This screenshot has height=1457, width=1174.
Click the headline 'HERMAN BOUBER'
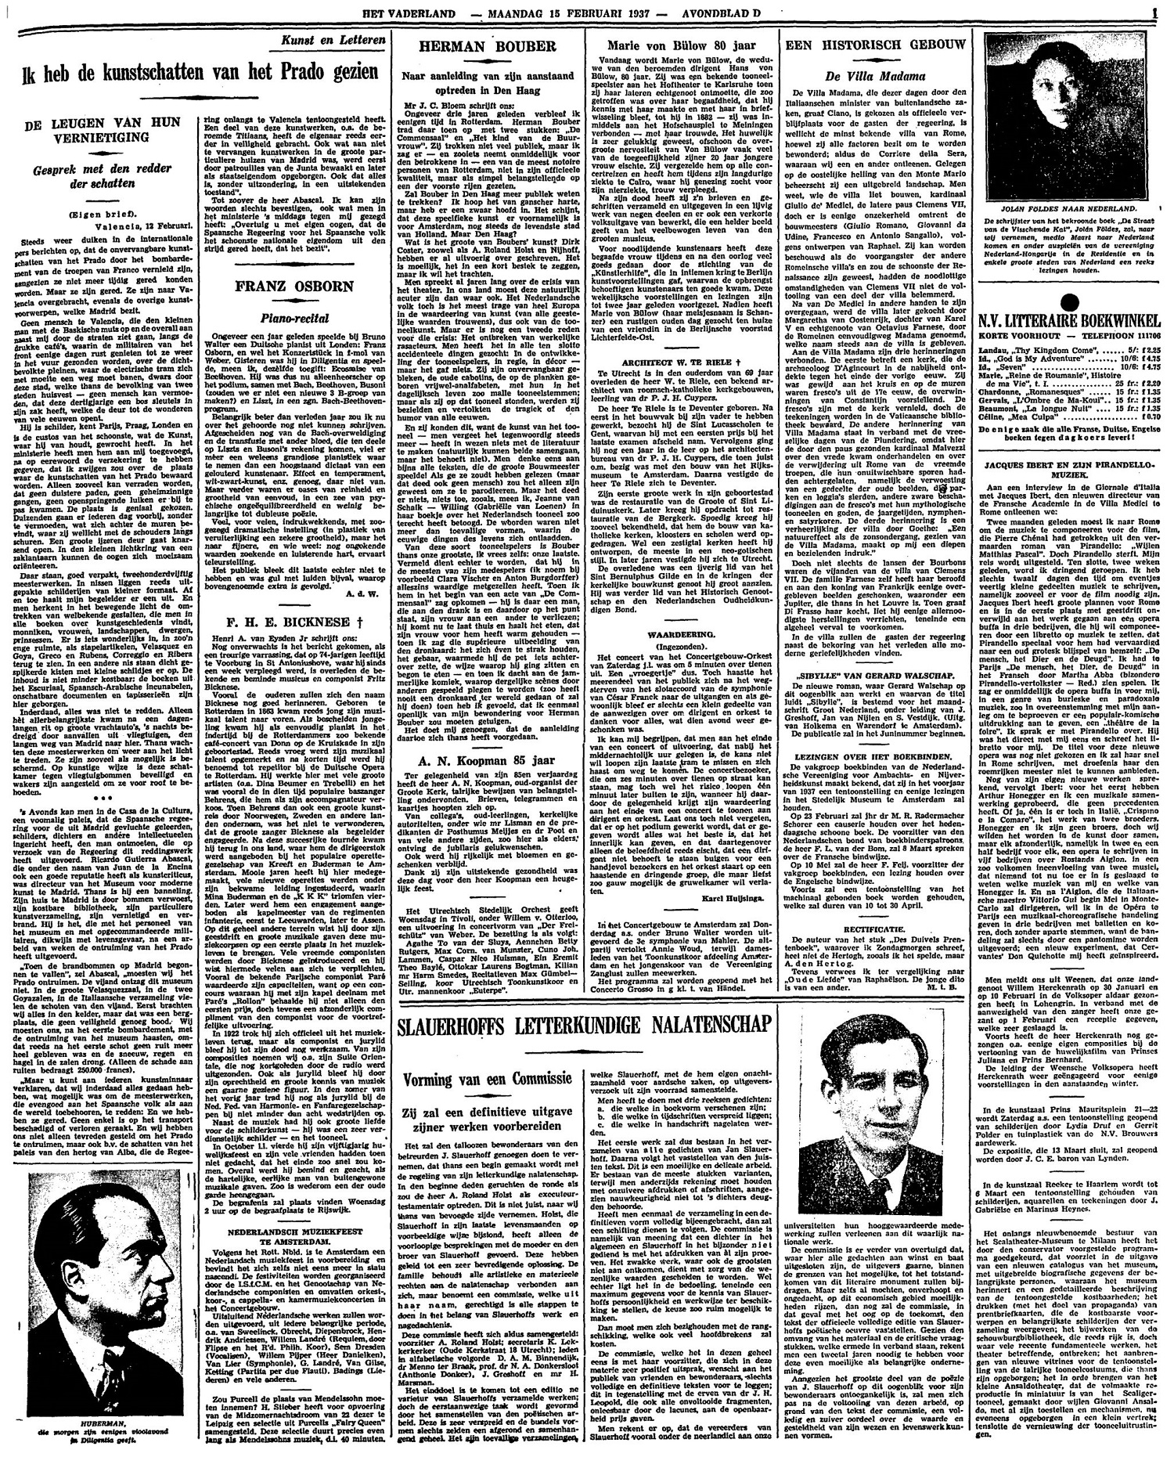486,47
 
